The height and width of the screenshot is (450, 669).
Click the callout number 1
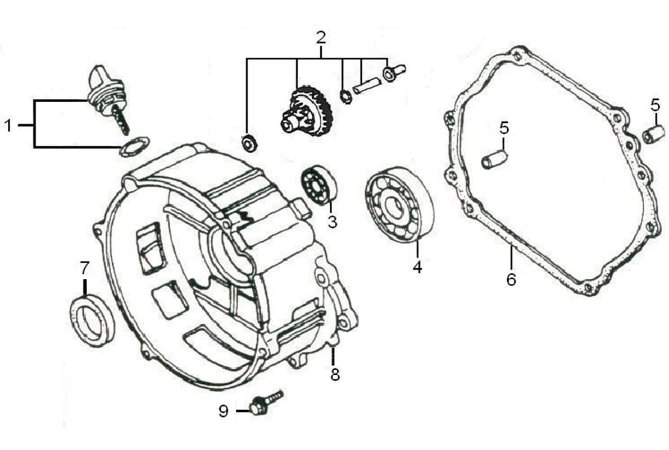(8, 125)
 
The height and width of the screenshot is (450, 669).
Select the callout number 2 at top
(321, 38)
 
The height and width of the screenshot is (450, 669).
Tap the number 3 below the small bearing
(332, 222)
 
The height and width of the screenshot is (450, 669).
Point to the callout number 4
(417, 267)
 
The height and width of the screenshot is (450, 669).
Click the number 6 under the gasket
(511, 279)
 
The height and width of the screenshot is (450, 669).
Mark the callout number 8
(335, 374)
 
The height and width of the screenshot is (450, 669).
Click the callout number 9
(224, 411)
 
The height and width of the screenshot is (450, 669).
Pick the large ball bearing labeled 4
(398, 205)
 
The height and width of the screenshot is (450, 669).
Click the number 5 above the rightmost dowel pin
(656, 104)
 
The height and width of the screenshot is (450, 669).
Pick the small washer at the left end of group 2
(248, 143)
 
